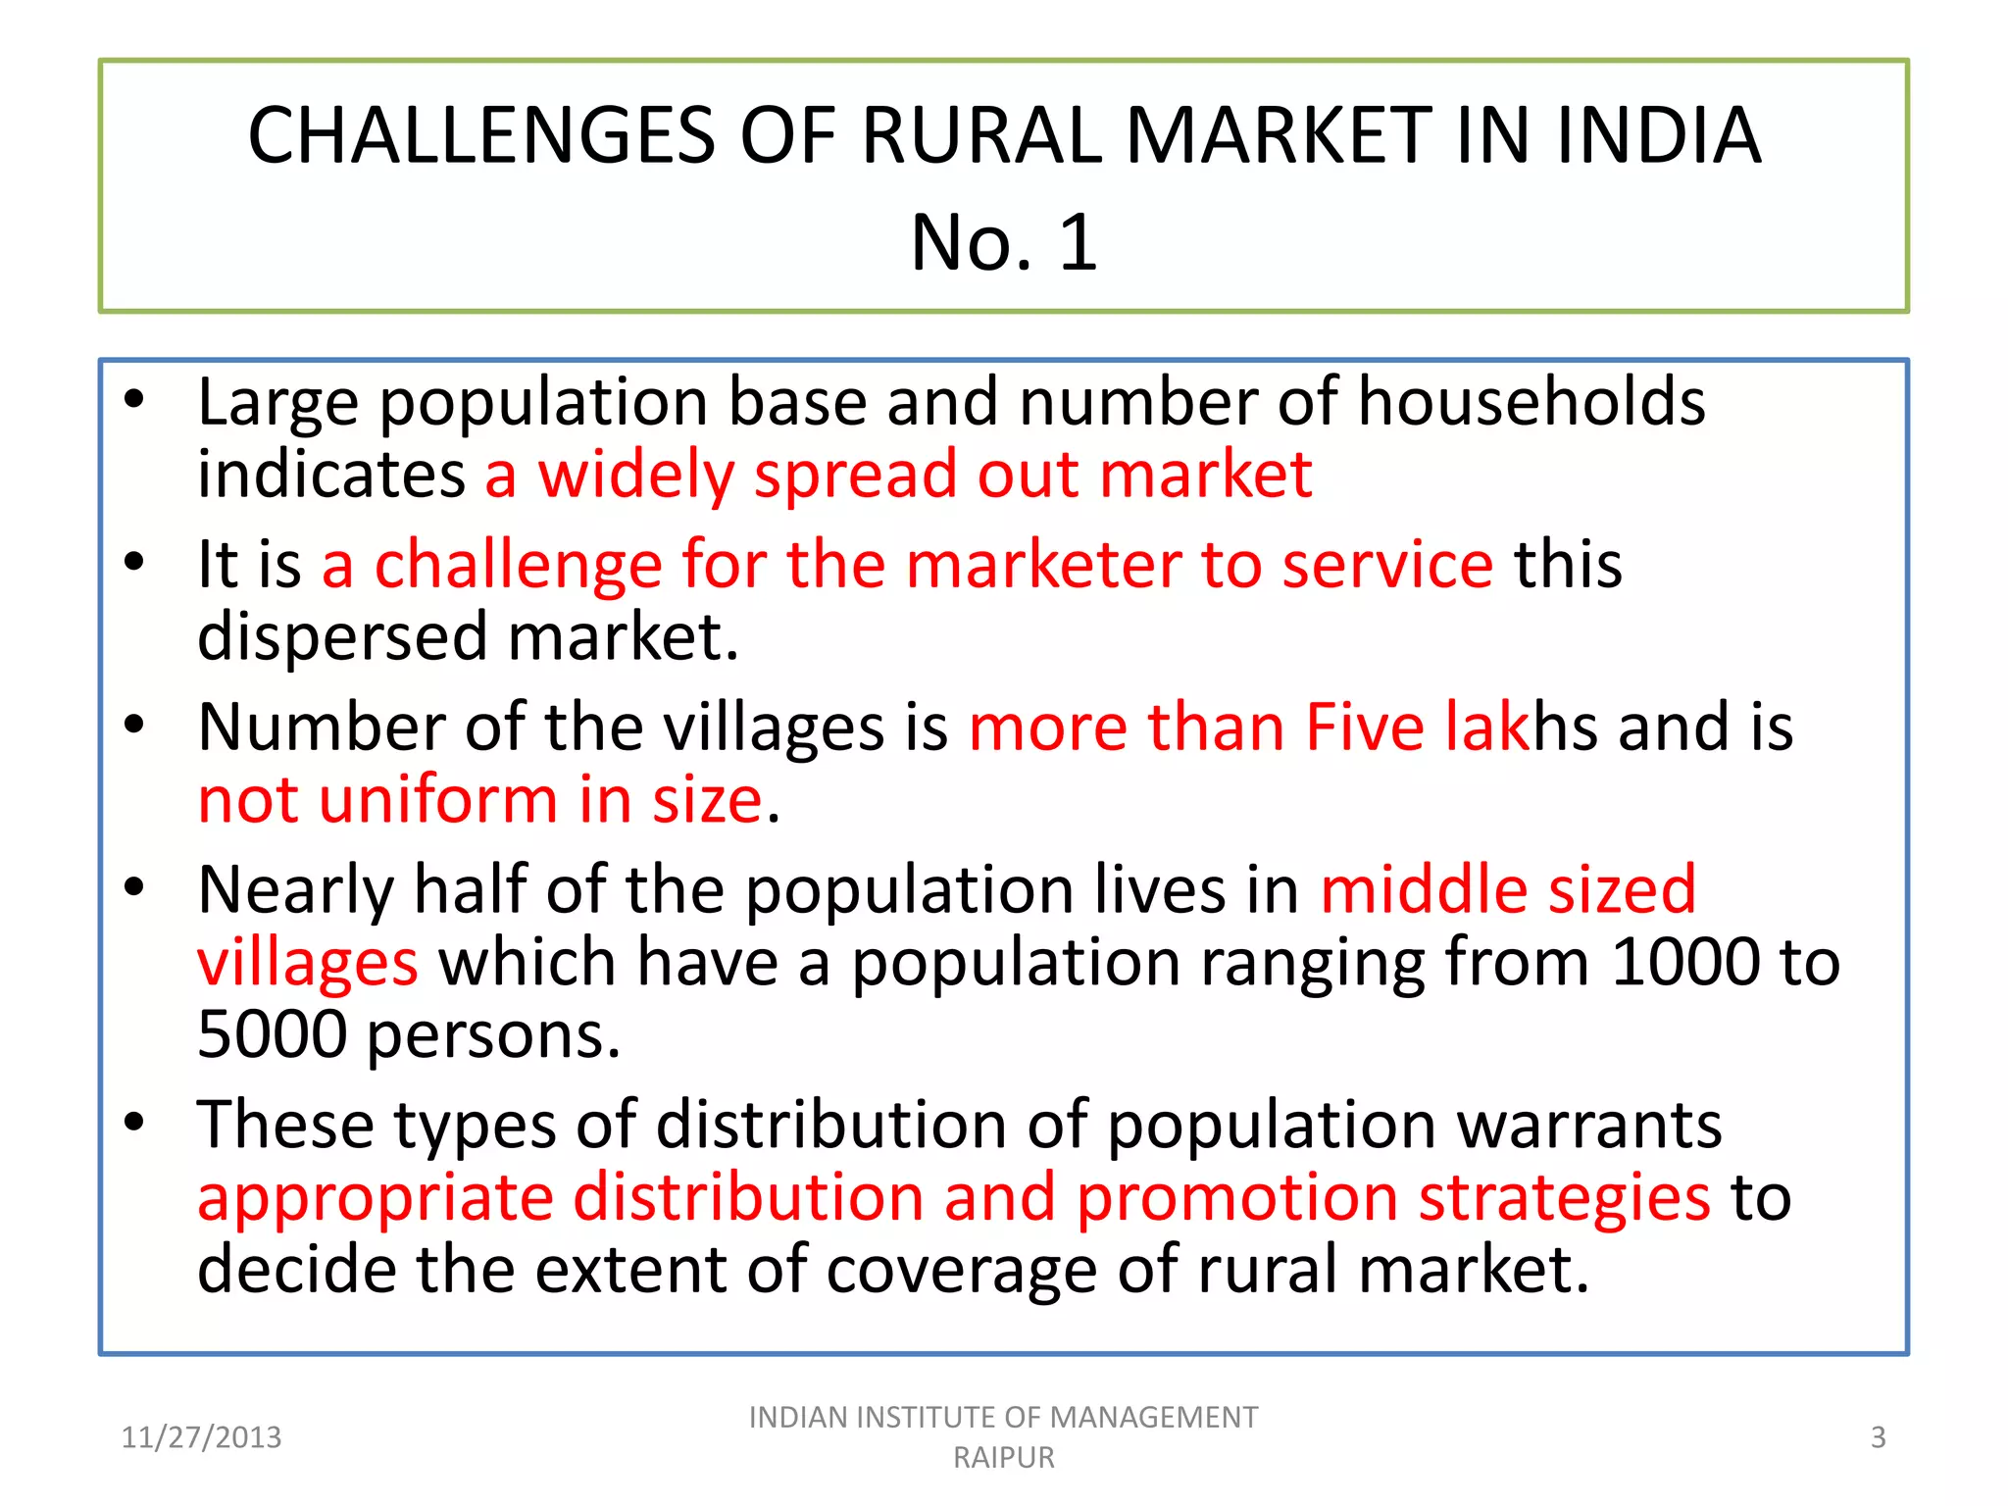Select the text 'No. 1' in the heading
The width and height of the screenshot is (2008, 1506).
click(x=1003, y=242)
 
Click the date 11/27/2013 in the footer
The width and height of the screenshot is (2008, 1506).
click(x=201, y=1437)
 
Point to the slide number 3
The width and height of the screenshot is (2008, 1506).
click(x=1878, y=1437)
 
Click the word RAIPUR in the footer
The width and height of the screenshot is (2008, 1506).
click(x=1003, y=1458)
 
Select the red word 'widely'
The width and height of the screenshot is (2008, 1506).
click(x=635, y=476)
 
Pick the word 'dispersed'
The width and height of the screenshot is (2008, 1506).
click(x=342, y=638)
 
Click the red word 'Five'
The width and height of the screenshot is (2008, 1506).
click(x=1364, y=728)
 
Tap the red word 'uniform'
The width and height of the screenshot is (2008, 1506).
click(x=438, y=800)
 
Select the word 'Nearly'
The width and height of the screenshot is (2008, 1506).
click(x=295, y=890)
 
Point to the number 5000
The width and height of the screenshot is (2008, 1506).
click(x=272, y=1034)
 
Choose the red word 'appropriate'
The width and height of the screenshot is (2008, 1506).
click(x=376, y=1198)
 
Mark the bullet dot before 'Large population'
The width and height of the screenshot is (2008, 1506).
click(x=134, y=398)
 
